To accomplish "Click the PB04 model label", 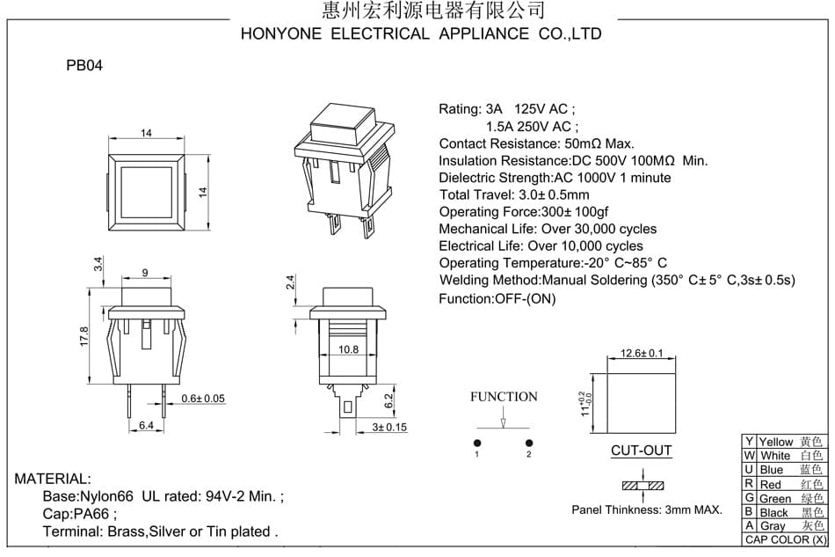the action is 84,66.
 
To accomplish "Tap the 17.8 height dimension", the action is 84,337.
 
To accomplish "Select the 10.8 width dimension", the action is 348,349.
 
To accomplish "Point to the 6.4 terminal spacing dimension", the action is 146,425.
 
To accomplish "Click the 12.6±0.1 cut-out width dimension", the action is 642,353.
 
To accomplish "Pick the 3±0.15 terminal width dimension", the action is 389,428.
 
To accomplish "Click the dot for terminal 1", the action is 477,443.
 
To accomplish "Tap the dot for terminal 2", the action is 529,443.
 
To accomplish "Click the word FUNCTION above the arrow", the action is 504,397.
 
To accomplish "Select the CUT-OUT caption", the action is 641,451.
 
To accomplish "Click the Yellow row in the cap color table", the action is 785,442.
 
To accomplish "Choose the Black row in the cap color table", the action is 785,512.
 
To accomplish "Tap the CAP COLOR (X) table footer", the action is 785,539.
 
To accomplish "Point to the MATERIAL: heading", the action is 53,479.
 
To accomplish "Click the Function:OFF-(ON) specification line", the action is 497,298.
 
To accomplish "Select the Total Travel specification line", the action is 514,194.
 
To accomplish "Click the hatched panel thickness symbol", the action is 643,486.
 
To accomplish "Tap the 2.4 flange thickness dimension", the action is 290,282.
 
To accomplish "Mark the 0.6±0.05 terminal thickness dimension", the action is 203,399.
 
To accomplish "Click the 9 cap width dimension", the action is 145,273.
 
